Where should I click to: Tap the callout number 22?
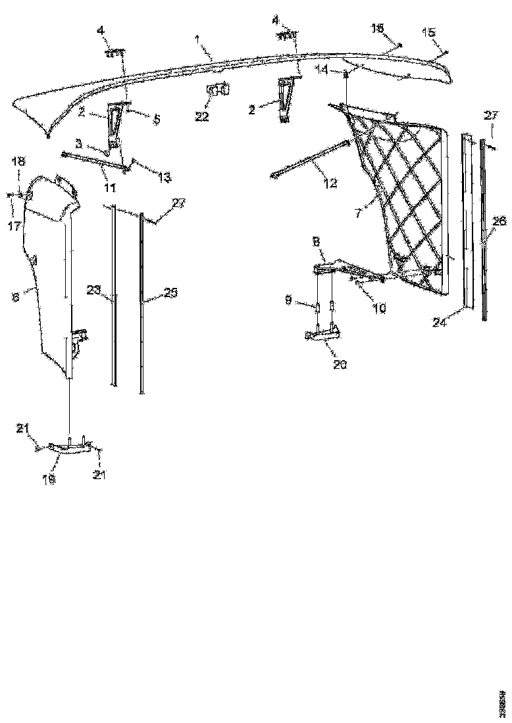tap(201, 116)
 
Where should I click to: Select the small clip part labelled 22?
tap(219, 91)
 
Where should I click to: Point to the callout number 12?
tap(330, 183)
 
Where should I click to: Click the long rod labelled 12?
tap(309, 158)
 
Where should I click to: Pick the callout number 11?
tap(110, 187)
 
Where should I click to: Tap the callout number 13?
tap(164, 177)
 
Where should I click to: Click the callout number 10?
tap(379, 306)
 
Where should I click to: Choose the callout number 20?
tap(340, 363)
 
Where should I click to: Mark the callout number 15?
tap(428, 32)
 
